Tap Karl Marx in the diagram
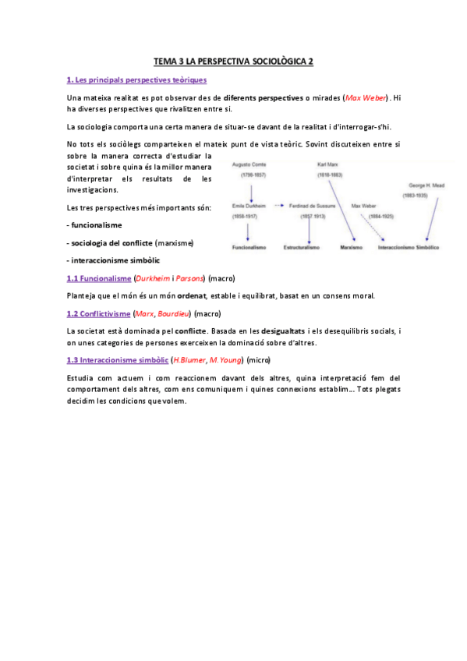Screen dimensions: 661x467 [x=327, y=165]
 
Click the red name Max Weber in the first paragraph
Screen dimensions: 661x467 [x=366, y=98]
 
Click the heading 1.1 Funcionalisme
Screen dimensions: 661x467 [x=98, y=278]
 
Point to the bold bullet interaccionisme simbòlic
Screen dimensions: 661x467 [x=118, y=260]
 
